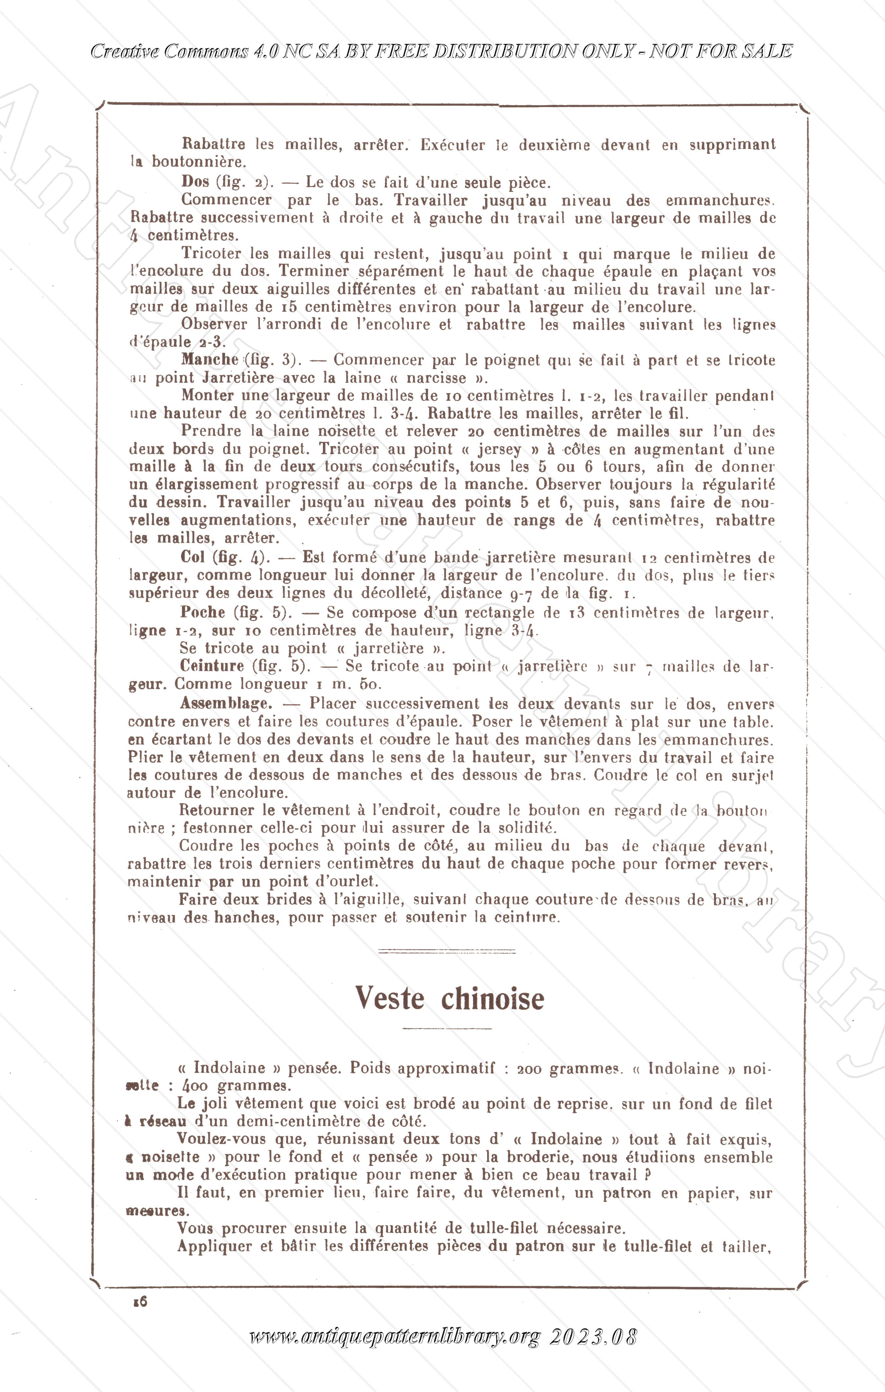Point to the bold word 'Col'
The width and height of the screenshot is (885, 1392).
coord(193,557)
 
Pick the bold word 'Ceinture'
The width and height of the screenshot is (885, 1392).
coord(212,665)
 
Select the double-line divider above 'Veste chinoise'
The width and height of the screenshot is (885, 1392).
coord(446,951)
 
